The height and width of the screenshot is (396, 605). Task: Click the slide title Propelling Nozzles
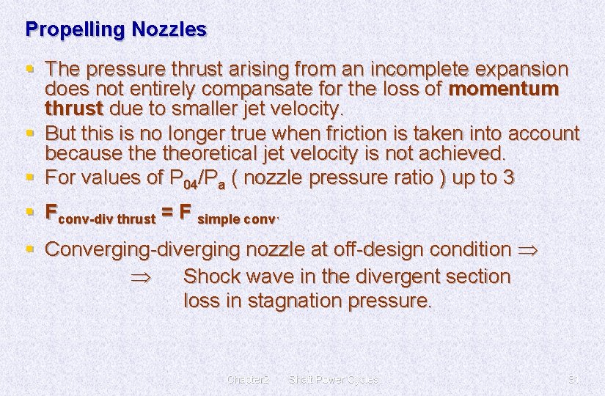point(116,30)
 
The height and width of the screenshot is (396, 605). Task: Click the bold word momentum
point(503,90)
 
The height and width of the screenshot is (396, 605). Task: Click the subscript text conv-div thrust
point(106,219)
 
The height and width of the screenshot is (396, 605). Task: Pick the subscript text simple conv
point(238,219)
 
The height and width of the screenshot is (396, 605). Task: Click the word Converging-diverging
point(143,249)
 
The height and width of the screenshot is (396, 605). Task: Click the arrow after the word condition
point(527,250)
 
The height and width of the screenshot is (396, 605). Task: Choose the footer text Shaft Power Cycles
point(334,379)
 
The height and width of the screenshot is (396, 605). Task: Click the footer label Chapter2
point(249,379)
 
